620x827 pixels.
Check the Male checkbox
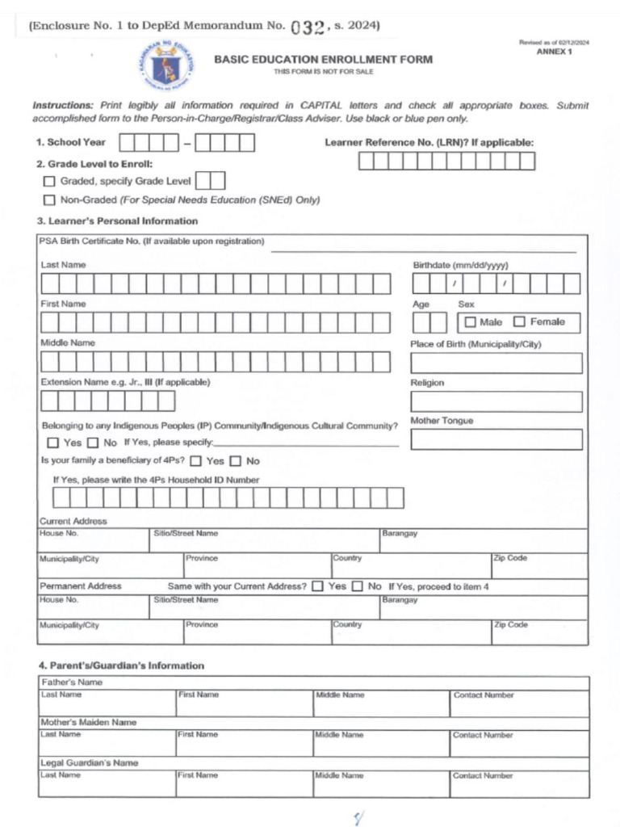click(470, 322)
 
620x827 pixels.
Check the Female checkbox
click(519, 322)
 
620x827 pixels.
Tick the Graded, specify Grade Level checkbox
click(49, 181)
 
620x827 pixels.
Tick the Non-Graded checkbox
click(49, 200)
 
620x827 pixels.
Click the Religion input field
click(496, 401)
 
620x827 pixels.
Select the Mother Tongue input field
click(496, 439)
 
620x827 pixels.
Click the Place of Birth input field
click(496, 363)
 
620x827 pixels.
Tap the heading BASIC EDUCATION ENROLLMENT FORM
click(323, 60)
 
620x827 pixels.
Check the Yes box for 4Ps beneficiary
click(195, 461)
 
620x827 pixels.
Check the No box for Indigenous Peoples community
click(93, 443)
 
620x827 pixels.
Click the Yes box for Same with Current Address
click(317, 586)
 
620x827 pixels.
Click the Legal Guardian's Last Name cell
click(107, 784)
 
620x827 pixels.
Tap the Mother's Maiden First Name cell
click(245, 744)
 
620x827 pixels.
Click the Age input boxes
click(429, 322)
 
